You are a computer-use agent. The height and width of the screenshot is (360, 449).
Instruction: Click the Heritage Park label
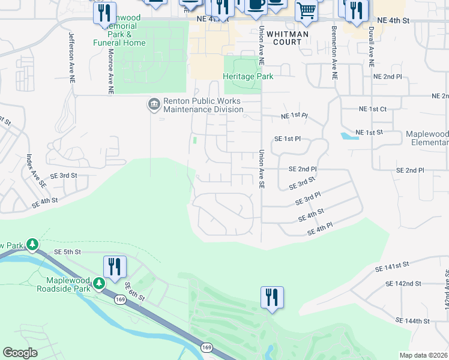[x=248, y=76]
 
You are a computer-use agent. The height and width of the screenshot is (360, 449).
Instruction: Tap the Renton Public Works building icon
[x=154, y=104]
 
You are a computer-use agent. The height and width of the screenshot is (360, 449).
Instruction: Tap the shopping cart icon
[x=306, y=11]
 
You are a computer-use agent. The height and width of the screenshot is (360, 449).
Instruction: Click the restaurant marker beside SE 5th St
[x=114, y=266]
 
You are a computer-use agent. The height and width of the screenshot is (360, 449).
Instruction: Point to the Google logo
[x=20, y=353]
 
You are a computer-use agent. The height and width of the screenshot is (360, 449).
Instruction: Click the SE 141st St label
[x=391, y=264]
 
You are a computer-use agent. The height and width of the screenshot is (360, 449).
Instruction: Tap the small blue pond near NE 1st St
[x=349, y=136]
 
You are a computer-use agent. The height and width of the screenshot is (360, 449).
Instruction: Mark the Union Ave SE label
[x=262, y=169]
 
